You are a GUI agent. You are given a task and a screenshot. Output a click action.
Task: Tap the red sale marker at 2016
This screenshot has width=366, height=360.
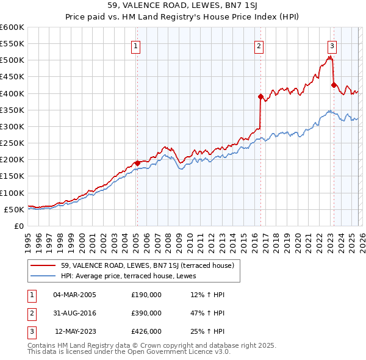[260, 96]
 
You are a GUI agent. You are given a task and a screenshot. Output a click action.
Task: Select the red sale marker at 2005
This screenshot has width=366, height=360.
[137, 163]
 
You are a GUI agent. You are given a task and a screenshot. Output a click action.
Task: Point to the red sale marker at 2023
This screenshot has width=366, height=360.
[333, 85]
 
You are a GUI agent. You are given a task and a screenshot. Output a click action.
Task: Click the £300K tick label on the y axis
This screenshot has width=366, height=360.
[12, 126]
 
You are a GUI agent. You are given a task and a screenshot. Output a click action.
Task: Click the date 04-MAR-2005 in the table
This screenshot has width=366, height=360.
[74, 295]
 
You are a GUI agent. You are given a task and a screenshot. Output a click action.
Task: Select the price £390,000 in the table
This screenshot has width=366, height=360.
[146, 313]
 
